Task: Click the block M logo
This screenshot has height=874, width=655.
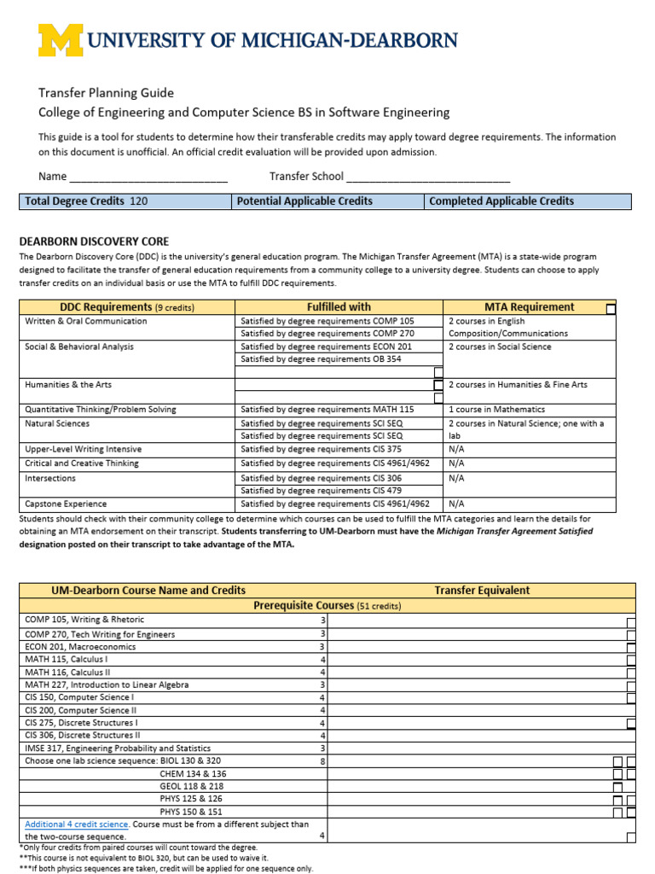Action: pyautogui.click(x=61, y=40)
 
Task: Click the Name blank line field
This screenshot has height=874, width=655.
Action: pyautogui.click(x=148, y=177)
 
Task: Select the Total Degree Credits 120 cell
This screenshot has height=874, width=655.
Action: pyautogui.click(x=125, y=201)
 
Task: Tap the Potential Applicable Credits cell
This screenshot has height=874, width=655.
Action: pyautogui.click(x=327, y=201)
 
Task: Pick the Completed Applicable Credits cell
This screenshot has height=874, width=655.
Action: pyautogui.click(x=527, y=201)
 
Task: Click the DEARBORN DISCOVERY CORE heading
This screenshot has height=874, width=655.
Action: pyautogui.click(x=94, y=242)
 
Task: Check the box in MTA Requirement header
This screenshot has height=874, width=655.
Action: pyautogui.click(x=611, y=309)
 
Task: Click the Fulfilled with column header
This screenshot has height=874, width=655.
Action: pyautogui.click(x=339, y=307)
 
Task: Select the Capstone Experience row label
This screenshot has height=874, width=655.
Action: pyautogui.click(x=66, y=504)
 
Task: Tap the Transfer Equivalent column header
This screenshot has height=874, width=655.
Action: pyautogui.click(x=482, y=591)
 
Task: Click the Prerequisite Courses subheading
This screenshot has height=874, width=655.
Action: pyautogui.click(x=327, y=606)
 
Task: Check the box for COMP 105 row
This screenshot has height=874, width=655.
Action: pyautogui.click(x=631, y=622)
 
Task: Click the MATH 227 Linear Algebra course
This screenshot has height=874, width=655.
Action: pyautogui.click(x=107, y=685)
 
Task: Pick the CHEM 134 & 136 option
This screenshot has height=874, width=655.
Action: pyautogui.click(x=193, y=774)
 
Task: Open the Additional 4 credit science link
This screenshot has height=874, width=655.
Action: pyautogui.click(x=77, y=824)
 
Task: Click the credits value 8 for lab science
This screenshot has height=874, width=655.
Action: pyautogui.click(x=322, y=760)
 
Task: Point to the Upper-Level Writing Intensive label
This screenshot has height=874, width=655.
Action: pyautogui.click(x=83, y=449)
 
